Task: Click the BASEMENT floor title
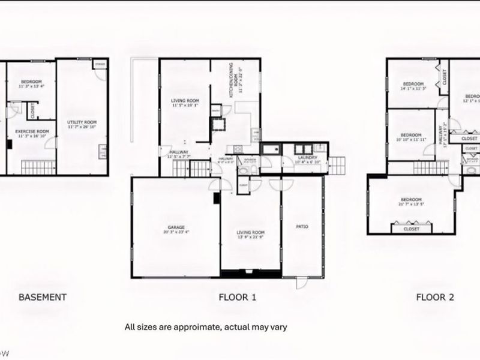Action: (42, 296)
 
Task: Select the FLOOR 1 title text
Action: (238, 296)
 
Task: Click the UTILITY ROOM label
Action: (82, 122)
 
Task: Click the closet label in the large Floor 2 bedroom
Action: (412, 229)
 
